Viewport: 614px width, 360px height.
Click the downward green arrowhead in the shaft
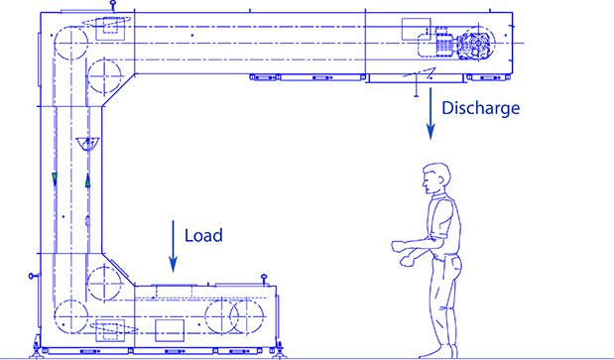click(56, 179)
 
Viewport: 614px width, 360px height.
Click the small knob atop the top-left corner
click(115, 9)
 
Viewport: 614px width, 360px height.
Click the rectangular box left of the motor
click(412, 28)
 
